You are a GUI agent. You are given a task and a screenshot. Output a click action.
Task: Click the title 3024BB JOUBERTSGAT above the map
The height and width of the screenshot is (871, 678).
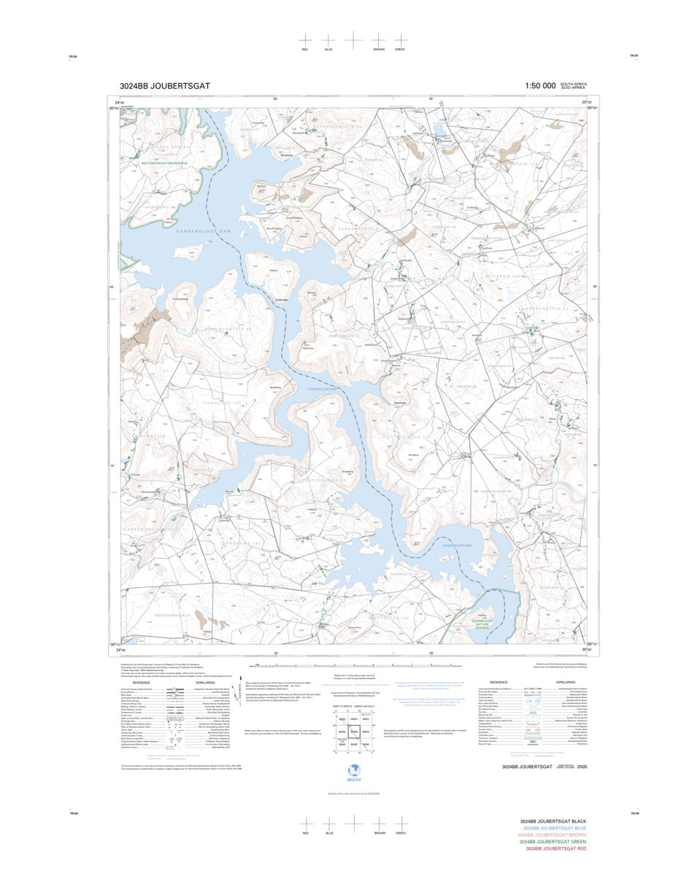165,86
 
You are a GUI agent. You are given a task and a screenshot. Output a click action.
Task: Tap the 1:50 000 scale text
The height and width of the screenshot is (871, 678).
539,86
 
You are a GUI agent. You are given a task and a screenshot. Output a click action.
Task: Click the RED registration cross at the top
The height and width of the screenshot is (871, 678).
305,40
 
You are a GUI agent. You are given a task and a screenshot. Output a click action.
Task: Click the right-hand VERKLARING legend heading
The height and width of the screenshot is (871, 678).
565,683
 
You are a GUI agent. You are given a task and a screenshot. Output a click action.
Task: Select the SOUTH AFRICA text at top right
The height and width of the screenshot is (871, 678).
573,85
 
